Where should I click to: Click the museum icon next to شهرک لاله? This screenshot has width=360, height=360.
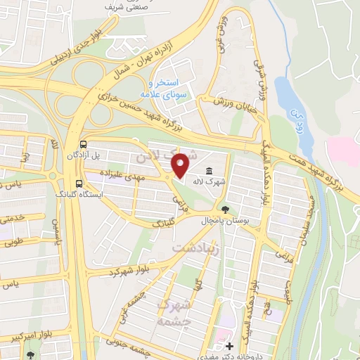click(210, 172)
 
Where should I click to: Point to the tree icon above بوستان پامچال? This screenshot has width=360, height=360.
click(224, 209)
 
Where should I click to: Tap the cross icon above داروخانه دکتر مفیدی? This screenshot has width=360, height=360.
click(229, 346)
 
